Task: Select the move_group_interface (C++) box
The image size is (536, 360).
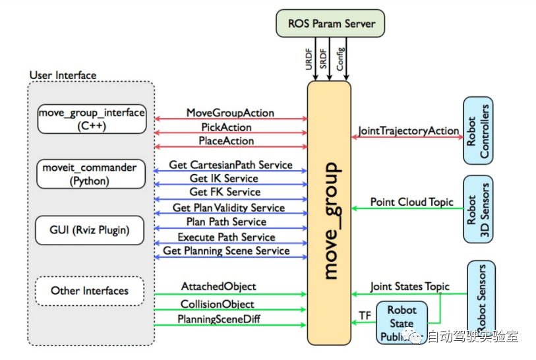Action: click(91, 119)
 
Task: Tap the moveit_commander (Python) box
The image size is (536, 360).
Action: click(91, 174)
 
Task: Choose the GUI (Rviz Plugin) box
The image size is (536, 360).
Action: click(91, 231)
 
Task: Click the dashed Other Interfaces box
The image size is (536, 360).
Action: click(90, 290)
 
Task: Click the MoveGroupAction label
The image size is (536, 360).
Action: click(230, 113)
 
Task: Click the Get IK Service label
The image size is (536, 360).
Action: click(224, 178)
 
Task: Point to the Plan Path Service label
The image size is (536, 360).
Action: click(226, 222)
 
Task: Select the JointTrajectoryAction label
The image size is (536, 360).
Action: click(409, 131)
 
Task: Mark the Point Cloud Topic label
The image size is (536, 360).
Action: click(411, 202)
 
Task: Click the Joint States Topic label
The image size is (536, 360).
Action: click(409, 286)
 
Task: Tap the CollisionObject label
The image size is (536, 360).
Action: click(218, 304)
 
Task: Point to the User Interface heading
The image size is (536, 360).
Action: click(63, 75)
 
